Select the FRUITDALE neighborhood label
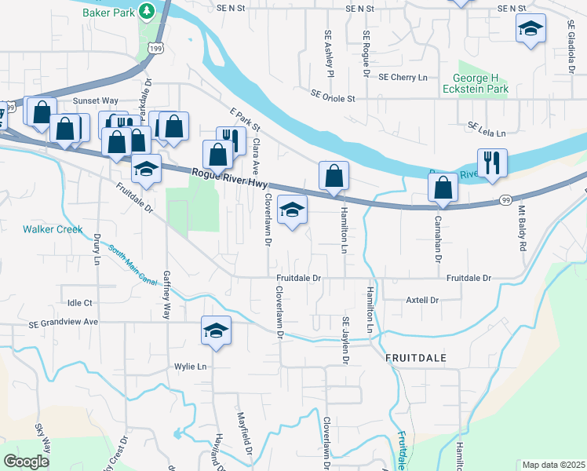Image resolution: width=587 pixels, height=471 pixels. click(416, 357)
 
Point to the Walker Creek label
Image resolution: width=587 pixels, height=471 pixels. click(53, 229)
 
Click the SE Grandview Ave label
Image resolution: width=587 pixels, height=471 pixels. click(63, 322)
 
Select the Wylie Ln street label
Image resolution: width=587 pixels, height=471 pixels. click(190, 367)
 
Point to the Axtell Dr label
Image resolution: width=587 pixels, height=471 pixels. click(421, 300)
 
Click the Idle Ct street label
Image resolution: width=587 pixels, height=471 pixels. click(80, 302)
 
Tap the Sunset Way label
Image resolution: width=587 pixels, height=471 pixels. click(95, 101)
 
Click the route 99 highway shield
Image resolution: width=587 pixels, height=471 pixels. click(505, 202)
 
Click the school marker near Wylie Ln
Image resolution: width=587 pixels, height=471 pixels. click(217, 330)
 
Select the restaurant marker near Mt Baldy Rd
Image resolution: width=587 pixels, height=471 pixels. click(492, 163)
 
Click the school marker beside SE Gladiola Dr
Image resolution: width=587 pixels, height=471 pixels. click(530, 30)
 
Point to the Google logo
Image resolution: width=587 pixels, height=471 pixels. click(27, 462)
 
